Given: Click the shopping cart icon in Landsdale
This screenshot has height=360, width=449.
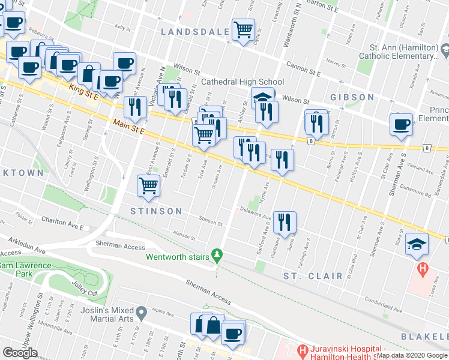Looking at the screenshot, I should (x=243, y=29).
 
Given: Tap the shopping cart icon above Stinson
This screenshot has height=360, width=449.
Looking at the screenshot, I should (x=148, y=185).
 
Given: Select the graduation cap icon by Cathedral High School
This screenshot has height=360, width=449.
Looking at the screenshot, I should (x=262, y=97).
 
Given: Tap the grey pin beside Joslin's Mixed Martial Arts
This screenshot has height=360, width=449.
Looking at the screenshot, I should (x=142, y=313).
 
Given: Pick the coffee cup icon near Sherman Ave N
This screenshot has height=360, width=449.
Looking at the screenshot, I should (x=401, y=124).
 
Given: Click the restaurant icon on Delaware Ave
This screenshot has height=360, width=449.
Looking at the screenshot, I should (x=285, y=222).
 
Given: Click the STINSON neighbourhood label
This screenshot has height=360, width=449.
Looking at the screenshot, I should (x=157, y=211).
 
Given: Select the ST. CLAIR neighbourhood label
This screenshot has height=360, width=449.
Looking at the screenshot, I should (x=313, y=276).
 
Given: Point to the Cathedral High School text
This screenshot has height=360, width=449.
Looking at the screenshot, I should (x=243, y=82).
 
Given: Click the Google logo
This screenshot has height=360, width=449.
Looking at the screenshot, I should (x=20, y=353).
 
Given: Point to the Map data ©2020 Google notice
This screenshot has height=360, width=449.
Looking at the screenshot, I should (x=412, y=355).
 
